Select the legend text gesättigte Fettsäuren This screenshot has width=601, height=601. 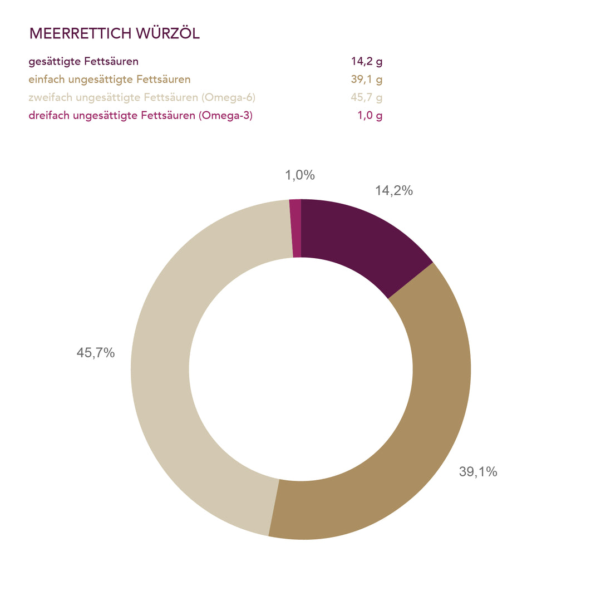tap(83, 61)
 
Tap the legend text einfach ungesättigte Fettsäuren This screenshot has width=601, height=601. tap(110, 80)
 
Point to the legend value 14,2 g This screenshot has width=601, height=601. tap(367, 61)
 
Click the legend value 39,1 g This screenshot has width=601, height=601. tap(367, 80)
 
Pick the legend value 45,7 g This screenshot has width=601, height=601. tap(367, 98)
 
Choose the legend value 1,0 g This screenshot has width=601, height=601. tap(370, 116)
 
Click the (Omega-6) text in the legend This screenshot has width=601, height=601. tap(229, 98)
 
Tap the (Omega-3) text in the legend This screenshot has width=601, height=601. tap(226, 116)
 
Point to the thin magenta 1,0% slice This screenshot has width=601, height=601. tap(295, 228)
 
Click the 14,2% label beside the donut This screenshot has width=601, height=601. tap(394, 191)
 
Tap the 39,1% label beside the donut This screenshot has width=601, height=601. tap(478, 472)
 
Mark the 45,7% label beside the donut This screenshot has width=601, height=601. tap(96, 353)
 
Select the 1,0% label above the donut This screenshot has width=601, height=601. tap(300, 175)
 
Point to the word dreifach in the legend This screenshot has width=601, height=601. tap(48, 116)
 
